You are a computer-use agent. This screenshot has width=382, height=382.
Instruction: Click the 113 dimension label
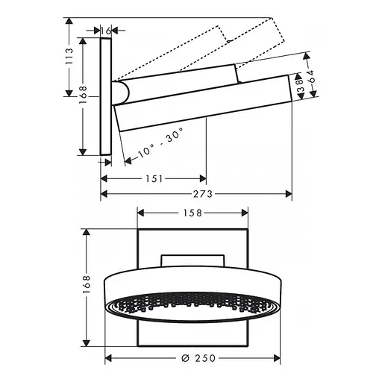pyautogui.click(x=69, y=57)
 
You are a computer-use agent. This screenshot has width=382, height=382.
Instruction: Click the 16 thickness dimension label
pyautogui.click(x=106, y=31)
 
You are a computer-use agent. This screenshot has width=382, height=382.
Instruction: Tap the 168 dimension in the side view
pyautogui.click(x=83, y=95)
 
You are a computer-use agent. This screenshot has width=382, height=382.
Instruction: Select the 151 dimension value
pyautogui.click(x=154, y=179)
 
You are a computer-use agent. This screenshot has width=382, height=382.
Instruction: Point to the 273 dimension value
pyautogui.click(x=203, y=194)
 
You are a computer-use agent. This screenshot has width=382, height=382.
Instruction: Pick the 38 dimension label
pyautogui.click(x=300, y=86)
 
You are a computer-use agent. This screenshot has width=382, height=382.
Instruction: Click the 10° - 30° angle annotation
pyautogui.click(x=161, y=143)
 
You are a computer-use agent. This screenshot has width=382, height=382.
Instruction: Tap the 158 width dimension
pyautogui.click(x=192, y=213)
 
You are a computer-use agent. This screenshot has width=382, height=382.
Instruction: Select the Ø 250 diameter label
pyautogui.click(x=198, y=358)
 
